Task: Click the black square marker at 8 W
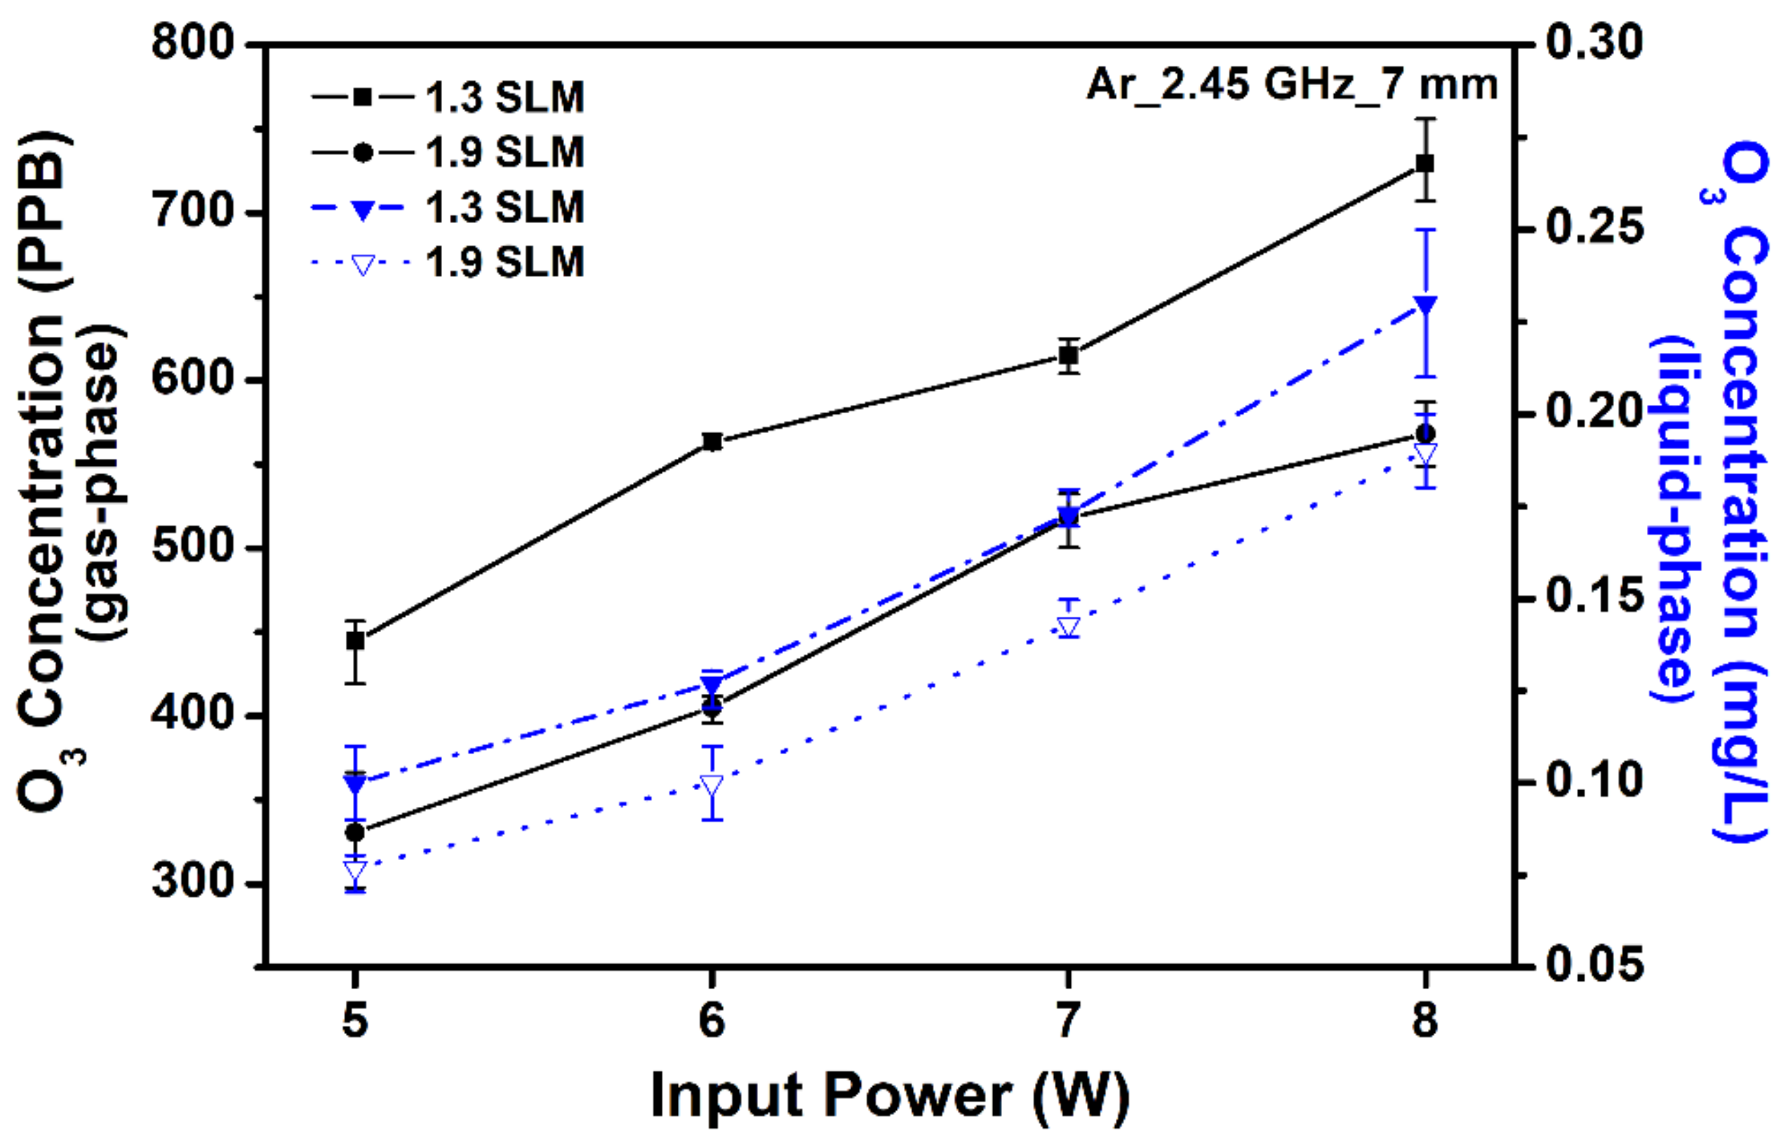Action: [x=1425, y=163]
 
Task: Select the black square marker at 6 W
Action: [x=712, y=441]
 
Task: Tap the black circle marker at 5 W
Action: [x=356, y=832]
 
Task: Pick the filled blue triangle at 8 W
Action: [x=1425, y=304]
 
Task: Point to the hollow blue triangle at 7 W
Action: [x=1069, y=627]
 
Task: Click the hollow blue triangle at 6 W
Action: [x=712, y=786]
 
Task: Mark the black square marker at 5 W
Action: [x=356, y=640]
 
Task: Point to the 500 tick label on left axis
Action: [x=192, y=547]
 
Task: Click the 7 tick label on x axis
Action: [x=1069, y=1020]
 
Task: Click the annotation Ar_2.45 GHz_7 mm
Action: [x=1292, y=85]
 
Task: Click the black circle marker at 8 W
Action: [x=1425, y=434]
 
